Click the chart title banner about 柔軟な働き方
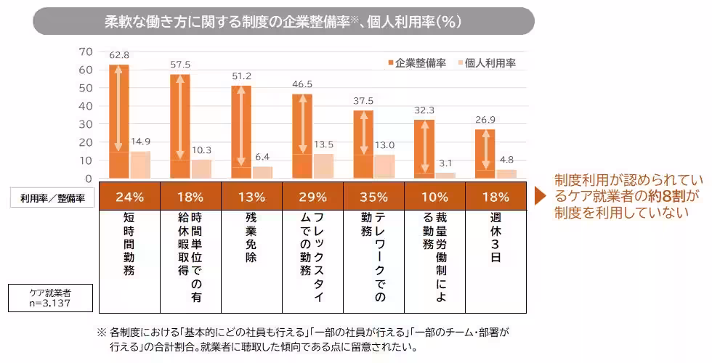[283, 22]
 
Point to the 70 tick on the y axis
[86, 52]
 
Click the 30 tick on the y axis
[86, 124]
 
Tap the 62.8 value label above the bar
[119, 55]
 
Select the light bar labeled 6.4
[262, 172]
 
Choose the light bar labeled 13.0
[384, 166]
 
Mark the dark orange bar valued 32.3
[424, 148]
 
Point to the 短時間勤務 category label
[129, 244]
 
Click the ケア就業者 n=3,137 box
[50, 298]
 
